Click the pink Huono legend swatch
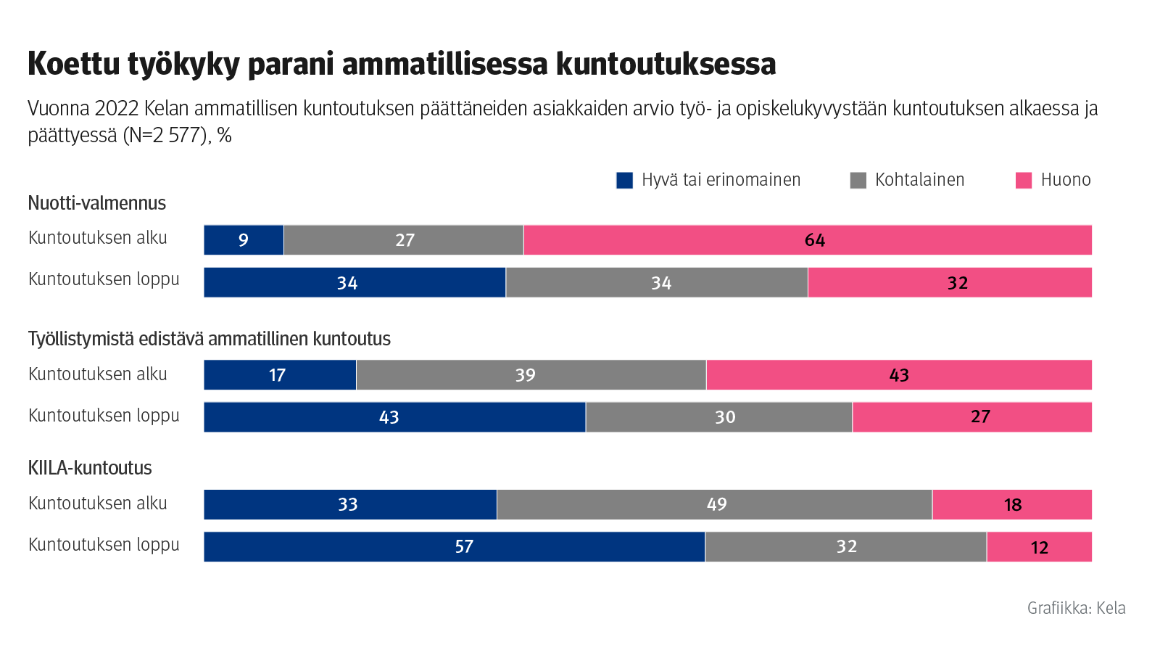coord(1023,181)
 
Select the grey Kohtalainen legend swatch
coord(858,181)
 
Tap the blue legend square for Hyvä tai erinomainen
coord(624,181)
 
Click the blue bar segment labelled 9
coord(244,240)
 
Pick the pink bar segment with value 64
coord(807,240)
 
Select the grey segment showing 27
coord(403,240)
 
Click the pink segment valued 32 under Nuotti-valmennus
coord(950,282)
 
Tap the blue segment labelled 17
coord(280,375)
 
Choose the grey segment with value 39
coord(531,375)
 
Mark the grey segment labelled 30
coord(718,417)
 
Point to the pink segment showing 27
coord(971,417)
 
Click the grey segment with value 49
coord(714,504)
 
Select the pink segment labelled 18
coord(1011,504)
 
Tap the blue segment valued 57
coord(454,546)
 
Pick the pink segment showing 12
coord(1039,546)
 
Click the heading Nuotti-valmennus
coord(96,203)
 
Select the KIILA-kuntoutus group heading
coord(90,468)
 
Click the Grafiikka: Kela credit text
coord(1076,608)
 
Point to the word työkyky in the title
coord(183,64)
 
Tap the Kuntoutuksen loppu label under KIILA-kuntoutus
coord(104,545)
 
